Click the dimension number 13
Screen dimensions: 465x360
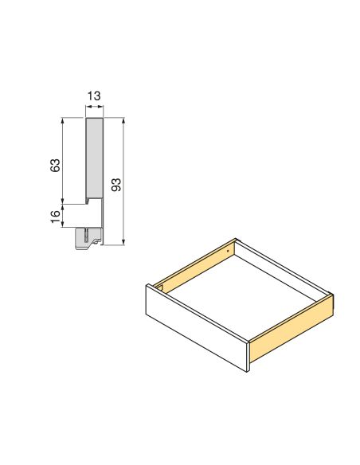coord(94,96)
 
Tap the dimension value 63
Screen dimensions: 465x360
coord(54,166)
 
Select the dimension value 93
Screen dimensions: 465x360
coord(115,185)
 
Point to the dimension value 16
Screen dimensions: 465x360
coord(54,217)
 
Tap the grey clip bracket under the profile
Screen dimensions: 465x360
coord(88,238)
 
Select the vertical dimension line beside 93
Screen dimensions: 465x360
coord(124,183)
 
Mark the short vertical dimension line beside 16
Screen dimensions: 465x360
coord(63,216)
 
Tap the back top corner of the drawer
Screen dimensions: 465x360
coord(237,239)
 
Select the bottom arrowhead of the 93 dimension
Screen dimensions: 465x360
coord(124,242)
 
